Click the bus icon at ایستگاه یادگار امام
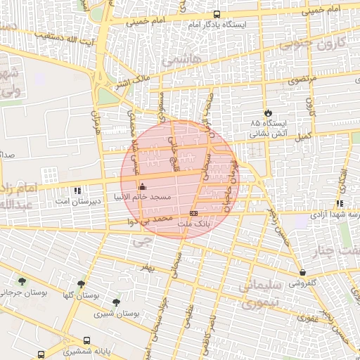pyautogui.click(x=217, y=15)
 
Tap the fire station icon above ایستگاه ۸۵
pyautogui.click(x=267, y=112)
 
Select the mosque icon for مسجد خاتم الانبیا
pyautogui.click(x=143, y=187)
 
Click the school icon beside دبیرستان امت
pyautogui.click(x=77, y=190)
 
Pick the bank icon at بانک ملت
pyautogui.click(x=193, y=213)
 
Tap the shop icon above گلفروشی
pyautogui.click(x=302, y=272)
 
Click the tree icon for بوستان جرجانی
pyautogui.click(x=22, y=281)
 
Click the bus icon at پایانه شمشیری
pyautogui.click(x=86, y=339)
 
